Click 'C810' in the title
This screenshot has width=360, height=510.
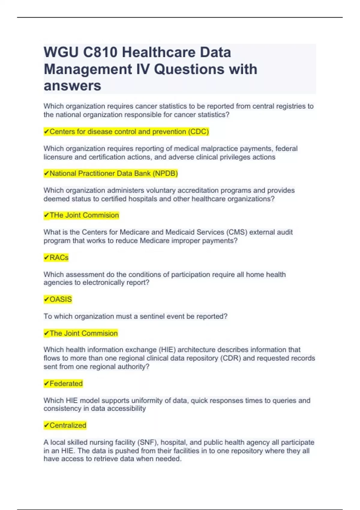(100, 52)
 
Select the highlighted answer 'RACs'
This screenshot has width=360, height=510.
(59, 258)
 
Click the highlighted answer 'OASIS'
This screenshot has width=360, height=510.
(61, 299)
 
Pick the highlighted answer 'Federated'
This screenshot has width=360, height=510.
(66, 384)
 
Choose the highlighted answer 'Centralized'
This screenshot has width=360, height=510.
(68, 425)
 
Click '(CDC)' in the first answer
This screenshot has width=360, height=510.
(198, 132)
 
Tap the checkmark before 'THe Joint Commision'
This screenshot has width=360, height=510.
(46, 215)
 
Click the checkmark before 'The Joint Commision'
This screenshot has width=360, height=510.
(46, 333)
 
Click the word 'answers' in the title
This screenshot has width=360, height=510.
(72, 86)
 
